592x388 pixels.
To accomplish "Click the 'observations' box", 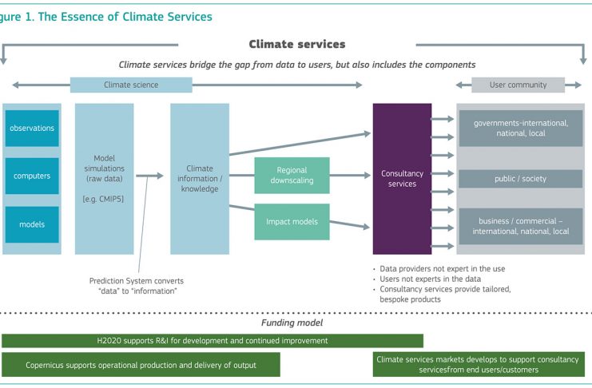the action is (x=32, y=129).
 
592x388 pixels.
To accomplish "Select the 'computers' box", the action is (x=32, y=176).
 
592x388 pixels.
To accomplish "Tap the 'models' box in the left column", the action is (x=32, y=224).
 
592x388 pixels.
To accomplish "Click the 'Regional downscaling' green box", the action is (x=292, y=176).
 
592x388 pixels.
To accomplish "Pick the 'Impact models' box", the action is (x=292, y=222).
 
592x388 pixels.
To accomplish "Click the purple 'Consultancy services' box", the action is (x=402, y=179).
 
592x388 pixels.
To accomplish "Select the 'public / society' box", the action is (x=521, y=179).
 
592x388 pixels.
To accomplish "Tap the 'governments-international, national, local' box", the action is (x=521, y=129).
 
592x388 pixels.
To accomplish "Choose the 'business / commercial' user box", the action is (x=521, y=227).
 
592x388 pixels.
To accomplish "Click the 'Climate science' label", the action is (x=131, y=85).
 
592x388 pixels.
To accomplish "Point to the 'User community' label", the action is (x=518, y=85).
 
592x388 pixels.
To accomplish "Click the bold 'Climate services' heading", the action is (x=297, y=44).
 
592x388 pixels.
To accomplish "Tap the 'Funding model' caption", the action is (x=292, y=323).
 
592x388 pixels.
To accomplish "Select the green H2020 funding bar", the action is (x=213, y=341).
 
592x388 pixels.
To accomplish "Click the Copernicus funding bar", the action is (x=141, y=365).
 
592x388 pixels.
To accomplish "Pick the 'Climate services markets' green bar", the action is (x=479, y=365).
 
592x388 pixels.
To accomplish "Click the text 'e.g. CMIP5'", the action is (x=103, y=199).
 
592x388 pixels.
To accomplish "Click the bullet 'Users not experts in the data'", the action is (x=430, y=279).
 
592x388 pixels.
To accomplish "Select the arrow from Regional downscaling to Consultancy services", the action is (x=350, y=176).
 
